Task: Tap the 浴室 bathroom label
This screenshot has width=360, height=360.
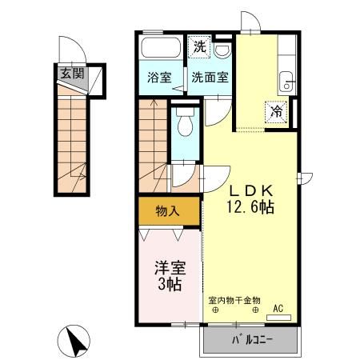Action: click(159, 78)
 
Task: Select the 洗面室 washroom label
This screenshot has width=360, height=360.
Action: click(209, 78)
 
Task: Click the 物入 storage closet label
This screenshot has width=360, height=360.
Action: click(166, 211)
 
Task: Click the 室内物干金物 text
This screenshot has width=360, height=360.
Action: click(235, 301)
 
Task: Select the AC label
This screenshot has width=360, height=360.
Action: click(278, 309)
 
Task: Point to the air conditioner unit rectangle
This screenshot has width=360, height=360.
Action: click(278, 318)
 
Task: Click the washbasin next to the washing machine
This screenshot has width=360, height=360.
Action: click(222, 49)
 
